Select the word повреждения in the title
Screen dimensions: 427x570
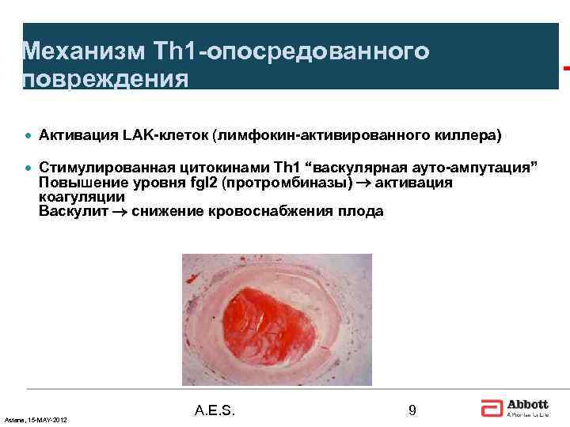(106, 79)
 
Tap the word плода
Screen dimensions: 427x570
(361, 211)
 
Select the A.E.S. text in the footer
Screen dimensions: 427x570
(215, 410)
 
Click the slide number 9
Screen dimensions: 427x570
(412, 410)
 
